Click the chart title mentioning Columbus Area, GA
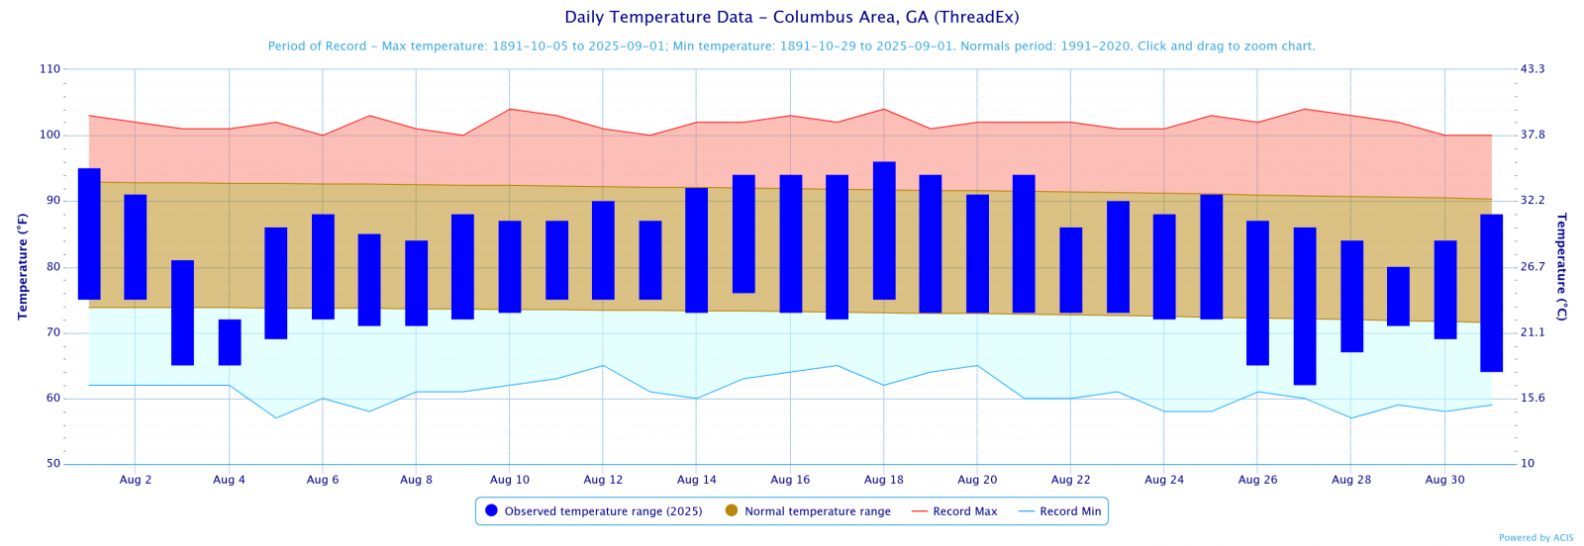point(791,18)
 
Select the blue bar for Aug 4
point(230,342)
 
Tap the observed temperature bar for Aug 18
point(884,230)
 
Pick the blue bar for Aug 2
point(136,247)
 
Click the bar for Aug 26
point(1257,293)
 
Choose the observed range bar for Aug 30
point(1445,290)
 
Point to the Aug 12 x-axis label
point(603,480)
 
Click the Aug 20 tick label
point(977,480)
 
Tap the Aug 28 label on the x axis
point(1351,480)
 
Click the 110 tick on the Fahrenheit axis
point(49,69)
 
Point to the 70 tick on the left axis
point(52,333)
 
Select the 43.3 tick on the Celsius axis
point(1533,69)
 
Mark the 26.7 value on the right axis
point(1533,267)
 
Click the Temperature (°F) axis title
point(23,267)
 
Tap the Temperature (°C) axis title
point(1561,267)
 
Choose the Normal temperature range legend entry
point(808,511)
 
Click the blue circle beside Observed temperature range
point(491,510)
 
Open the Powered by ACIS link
point(1535,538)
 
